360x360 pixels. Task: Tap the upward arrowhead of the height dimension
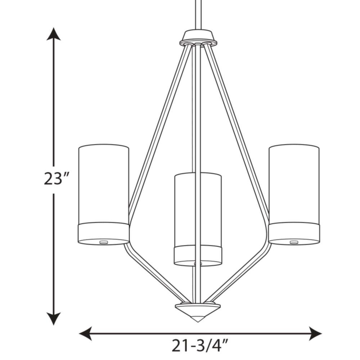pyautogui.click(x=54, y=34)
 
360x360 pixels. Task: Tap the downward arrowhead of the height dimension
pyautogui.click(x=54, y=319)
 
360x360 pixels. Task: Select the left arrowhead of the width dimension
pyautogui.click(x=85, y=333)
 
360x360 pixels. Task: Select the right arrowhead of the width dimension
pyautogui.click(x=315, y=333)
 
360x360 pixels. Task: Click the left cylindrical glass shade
pyautogui.click(x=104, y=194)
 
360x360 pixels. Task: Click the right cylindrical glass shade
pyautogui.click(x=294, y=194)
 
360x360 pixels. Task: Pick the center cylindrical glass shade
pyautogui.click(x=198, y=219)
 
